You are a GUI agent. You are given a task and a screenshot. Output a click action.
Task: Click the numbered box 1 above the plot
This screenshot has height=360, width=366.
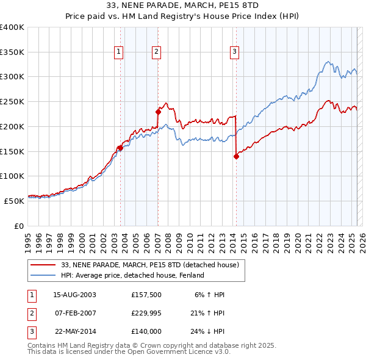(x=118, y=52)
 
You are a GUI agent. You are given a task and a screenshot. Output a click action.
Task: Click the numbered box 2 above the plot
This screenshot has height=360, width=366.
(x=157, y=52)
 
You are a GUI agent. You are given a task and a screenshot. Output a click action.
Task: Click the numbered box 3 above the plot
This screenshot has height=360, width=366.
(x=235, y=52)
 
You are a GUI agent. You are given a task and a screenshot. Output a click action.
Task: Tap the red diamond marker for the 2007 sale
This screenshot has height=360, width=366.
(x=158, y=112)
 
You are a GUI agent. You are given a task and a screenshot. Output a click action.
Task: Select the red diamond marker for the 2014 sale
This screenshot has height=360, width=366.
(x=236, y=156)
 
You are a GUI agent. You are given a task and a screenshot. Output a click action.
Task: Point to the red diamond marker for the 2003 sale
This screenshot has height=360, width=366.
(x=120, y=147)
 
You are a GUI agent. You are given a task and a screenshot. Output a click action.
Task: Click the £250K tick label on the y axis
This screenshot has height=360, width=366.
(x=12, y=102)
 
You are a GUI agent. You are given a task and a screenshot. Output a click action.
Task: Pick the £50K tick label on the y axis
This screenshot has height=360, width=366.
(x=13, y=201)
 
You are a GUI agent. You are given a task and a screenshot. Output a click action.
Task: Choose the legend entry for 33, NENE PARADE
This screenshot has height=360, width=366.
(x=153, y=265)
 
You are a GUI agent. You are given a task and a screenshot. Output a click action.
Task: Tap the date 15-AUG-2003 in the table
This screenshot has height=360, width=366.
(x=75, y=295)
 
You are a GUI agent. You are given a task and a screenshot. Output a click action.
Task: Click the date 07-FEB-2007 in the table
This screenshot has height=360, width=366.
(x=75, y=314)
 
